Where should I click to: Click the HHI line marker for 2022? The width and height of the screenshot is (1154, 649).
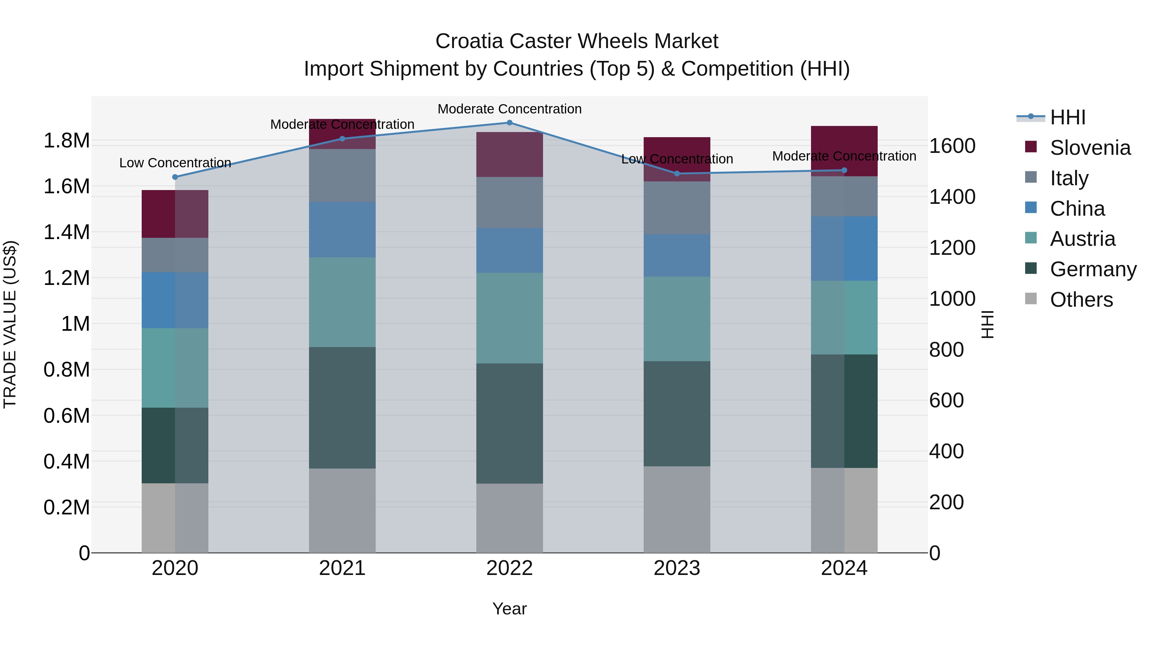point(509,123)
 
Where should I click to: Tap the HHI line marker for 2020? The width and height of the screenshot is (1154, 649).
point(175,177)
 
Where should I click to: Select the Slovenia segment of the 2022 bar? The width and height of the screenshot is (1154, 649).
point(509,154)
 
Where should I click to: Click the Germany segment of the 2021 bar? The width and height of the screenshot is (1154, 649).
point(342,408)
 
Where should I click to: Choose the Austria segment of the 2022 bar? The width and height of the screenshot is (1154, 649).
point(509,318)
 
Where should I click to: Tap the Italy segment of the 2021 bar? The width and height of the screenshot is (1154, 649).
point(342,176)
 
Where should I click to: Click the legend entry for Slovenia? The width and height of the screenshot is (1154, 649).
point(1090,148)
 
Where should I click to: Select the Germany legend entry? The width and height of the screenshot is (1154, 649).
point(1093,269)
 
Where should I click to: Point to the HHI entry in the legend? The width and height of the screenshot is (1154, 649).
point(1067,117)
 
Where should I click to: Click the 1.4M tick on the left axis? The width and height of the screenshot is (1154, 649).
point(66,232)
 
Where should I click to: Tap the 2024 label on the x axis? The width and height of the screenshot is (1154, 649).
point(844,568)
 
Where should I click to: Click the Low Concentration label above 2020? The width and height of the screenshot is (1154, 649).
point(175,163)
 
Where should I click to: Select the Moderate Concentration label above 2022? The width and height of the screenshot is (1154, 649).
point(509,109)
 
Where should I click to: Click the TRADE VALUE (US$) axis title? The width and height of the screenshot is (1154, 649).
point(10,324)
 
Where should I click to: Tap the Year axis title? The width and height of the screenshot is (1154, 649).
point(509,609)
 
